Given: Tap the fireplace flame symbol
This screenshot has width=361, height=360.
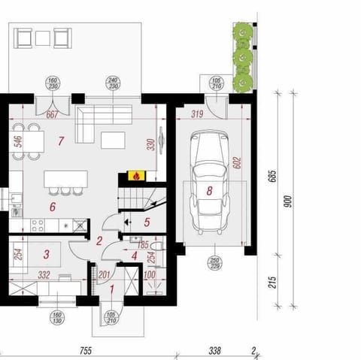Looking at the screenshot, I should (136, 176).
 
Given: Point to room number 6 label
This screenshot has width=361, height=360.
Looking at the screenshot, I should (52, 205).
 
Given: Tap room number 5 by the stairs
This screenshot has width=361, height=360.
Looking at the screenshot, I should (147, 222).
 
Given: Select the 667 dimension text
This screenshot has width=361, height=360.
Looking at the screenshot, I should (52, 115).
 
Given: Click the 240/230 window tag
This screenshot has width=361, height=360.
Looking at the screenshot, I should (113, 83).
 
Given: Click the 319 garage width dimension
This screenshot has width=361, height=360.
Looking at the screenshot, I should (198, 115).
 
